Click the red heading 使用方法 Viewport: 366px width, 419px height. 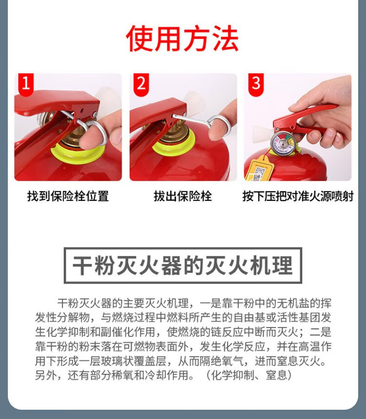182,38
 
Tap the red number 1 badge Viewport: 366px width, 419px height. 26,83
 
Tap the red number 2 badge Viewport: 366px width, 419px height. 141,84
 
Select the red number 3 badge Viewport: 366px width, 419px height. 256,84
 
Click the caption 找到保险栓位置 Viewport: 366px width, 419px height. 68,196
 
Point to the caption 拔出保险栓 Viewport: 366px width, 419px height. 183,196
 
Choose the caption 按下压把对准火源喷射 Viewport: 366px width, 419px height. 298,196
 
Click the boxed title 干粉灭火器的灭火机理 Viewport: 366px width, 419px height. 183,265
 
